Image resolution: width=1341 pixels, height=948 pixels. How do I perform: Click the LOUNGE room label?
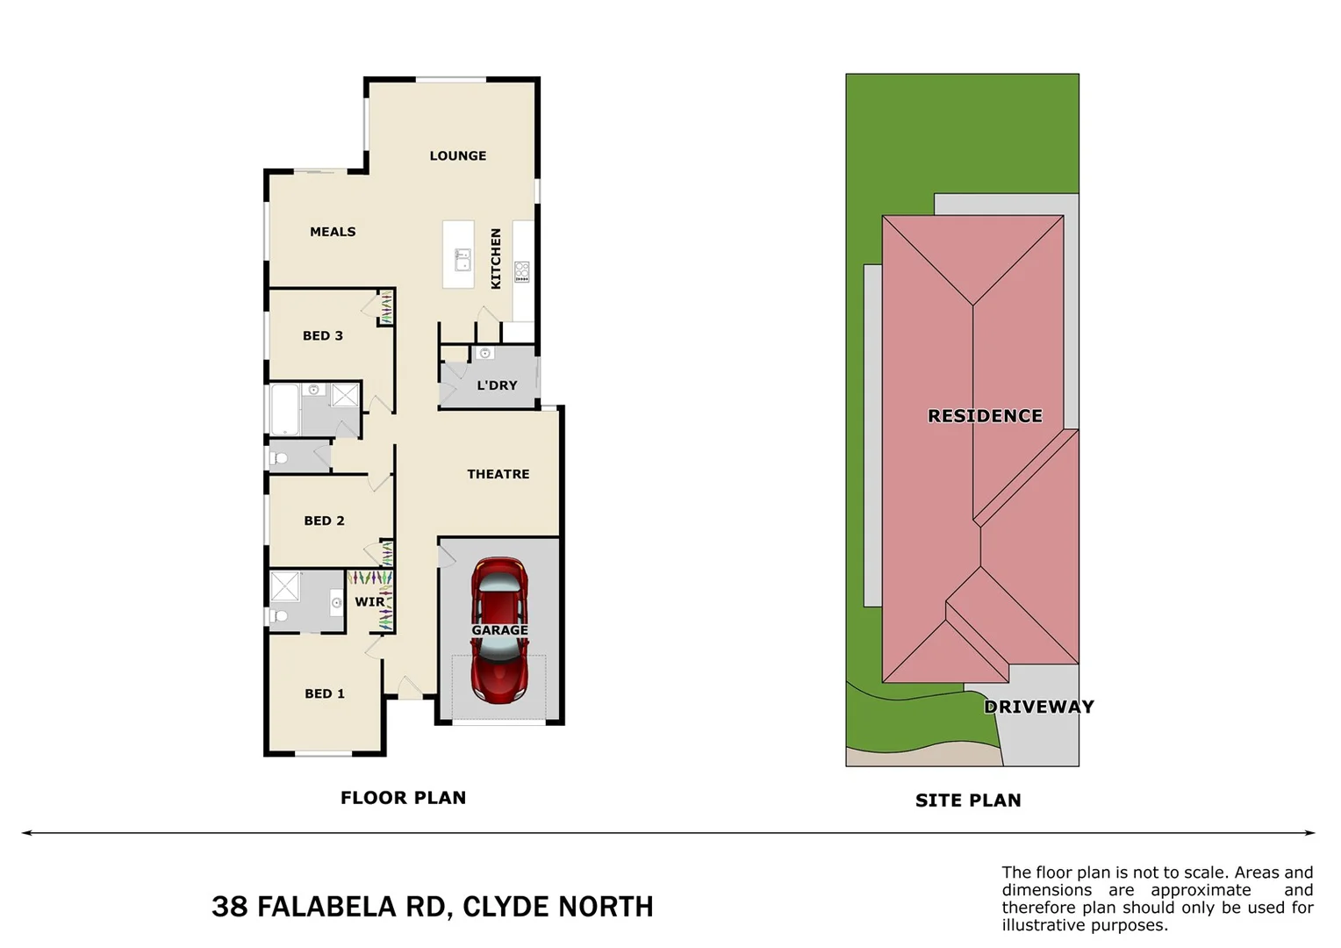(457, 155)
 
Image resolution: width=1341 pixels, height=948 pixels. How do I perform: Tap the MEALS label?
(333, 232)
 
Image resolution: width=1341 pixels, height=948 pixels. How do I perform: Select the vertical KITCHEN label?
(496, 259)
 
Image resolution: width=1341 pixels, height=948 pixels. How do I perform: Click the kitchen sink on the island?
(463, 260)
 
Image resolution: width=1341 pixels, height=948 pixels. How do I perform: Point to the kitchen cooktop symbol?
(522, 271)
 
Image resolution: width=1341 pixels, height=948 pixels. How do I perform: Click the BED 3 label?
(322, 335)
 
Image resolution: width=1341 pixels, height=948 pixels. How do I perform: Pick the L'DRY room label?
(497, 385)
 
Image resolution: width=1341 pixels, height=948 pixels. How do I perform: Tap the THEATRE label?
(498, 474)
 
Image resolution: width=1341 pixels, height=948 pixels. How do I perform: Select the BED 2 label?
(324, 521)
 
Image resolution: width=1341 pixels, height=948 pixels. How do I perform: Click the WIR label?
(369, 602)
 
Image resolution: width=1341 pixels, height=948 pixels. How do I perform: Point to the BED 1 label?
(324, 693)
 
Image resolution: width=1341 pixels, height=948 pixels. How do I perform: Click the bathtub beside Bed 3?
(285, 409)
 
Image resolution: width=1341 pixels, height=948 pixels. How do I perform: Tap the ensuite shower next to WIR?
(285, 585)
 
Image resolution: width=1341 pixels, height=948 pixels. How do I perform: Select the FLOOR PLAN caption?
(403, 798)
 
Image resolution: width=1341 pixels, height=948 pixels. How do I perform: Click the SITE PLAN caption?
(968, 801)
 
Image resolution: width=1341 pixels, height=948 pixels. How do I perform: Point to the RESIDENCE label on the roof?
(985, 416)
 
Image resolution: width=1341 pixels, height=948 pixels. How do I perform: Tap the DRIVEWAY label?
(1039, 707)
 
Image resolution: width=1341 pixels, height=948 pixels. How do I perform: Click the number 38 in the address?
(230, 907)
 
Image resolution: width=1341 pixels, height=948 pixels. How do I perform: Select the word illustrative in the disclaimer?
(1043, 925)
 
